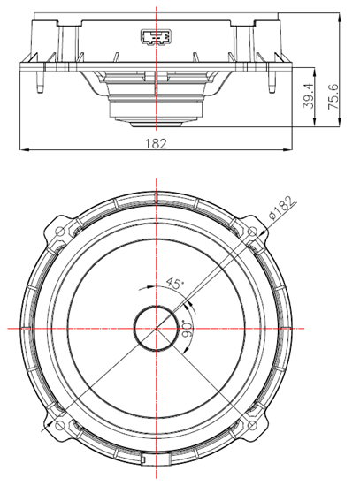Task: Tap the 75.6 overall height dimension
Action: coord(333,94)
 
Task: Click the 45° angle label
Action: coord(174,285)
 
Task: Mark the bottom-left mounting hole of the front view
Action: coord(59,427)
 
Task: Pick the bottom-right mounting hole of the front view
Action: coord(255,427)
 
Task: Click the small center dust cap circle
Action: coord(157,329)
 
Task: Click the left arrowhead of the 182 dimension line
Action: coord(24,149)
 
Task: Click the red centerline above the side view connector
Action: coord(157,12)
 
